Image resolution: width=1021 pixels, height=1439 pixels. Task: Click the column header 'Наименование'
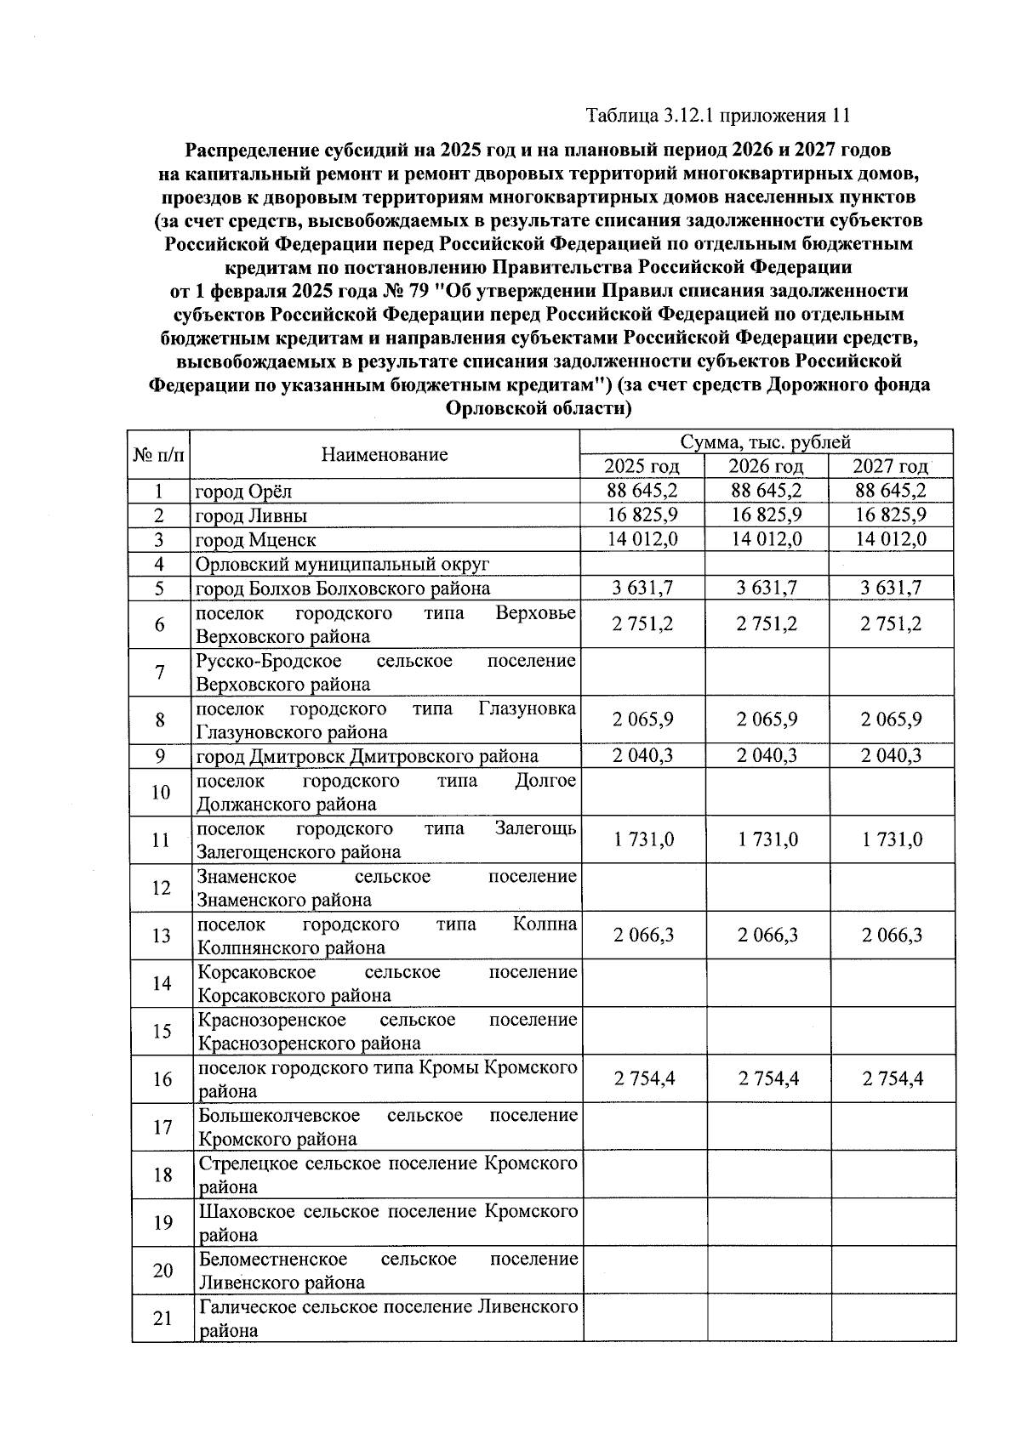click(x=385, y=454)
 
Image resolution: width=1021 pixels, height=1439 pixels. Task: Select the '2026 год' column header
click(x=767, y=466)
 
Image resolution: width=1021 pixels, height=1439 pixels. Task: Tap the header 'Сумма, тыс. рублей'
click(x=765, y=442)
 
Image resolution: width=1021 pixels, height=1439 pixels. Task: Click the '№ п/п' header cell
click(x=159, y=454)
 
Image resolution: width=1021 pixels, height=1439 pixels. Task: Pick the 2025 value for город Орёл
click(x=642, y=491)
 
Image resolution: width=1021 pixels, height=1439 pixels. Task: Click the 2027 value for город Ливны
click(x=891, y=515)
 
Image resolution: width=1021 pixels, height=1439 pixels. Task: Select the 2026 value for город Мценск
click(x=767, y=538)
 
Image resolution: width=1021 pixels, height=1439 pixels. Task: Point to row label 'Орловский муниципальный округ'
click(x=343, y=565)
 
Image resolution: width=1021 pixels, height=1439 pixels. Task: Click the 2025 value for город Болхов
click(x=642, y=588)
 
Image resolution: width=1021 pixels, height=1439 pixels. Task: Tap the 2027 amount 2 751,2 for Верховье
click(x=891, y=624)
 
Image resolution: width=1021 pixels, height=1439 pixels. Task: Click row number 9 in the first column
click(x=159, y=756)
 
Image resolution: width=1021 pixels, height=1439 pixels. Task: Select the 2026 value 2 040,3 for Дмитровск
click(x=767, y=756)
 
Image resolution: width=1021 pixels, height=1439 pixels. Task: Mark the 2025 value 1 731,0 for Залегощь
click(x=642, y=840)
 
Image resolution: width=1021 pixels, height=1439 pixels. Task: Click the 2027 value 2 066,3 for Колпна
click(x=891, y=936)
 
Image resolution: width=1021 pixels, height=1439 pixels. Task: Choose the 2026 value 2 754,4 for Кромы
click(x=767, y=1079)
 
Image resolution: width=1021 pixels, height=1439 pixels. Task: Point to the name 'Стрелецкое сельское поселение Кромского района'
click(x=387, y=1175)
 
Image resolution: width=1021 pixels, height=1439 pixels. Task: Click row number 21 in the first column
click(x=162, y=1318)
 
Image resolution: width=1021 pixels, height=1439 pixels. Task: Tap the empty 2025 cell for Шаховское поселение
click(x=644, y=1222)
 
